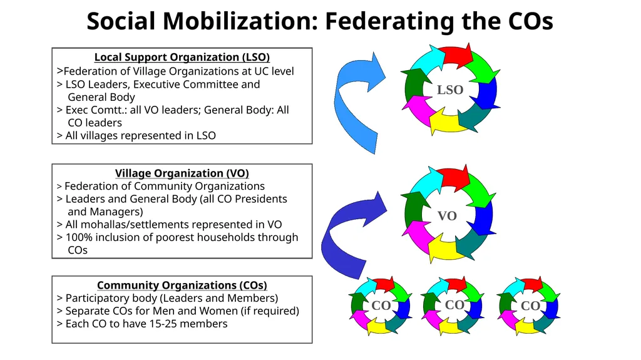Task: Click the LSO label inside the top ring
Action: coord(450,90)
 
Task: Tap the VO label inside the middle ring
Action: coord(447,215)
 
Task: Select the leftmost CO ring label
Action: coord(381,305)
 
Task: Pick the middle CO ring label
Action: coord(454,305)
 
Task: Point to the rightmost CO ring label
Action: coord(531,306)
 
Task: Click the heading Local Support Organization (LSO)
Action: coord(182,57)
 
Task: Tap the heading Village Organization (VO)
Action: coord(182,173)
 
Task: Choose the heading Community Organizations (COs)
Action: coord(182,285)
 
